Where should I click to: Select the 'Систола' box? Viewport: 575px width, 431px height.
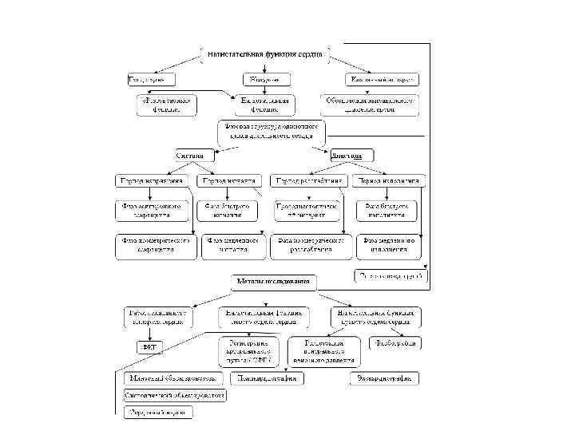196,154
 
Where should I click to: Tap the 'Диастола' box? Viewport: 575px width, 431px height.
348,154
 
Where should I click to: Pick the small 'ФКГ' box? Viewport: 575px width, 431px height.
148,346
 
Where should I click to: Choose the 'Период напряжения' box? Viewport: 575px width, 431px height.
152,180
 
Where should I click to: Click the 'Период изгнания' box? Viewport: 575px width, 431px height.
228,180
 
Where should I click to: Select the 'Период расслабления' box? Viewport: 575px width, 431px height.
309,180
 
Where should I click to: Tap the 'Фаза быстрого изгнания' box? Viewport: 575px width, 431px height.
232,210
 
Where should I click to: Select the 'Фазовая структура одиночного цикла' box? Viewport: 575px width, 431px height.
272,131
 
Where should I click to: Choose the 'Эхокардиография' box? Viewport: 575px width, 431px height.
384,377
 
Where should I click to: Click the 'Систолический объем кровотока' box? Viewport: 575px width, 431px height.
174,394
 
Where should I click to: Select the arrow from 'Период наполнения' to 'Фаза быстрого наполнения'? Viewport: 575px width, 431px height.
390,194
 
